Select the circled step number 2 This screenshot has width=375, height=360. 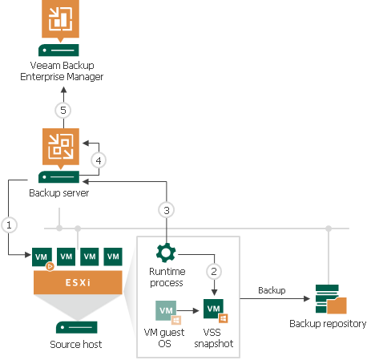point(213,270)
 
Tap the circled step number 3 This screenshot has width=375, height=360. point(166,210)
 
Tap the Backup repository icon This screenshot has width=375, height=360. point(330,298)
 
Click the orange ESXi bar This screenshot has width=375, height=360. point(77,281)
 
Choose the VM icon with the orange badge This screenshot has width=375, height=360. point(42,258)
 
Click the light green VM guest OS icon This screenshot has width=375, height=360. point(167,310)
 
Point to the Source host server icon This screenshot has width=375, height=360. point(77,327)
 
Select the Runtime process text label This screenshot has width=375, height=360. point(167,277)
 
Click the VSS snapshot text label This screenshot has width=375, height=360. point(214,338)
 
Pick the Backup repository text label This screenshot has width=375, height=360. point(329,324)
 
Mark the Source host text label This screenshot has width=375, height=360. point(77,346)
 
